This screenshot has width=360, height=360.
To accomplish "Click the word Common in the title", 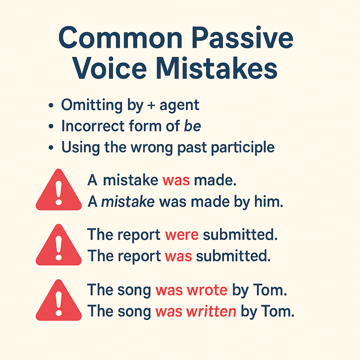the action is click(x=121, y=38).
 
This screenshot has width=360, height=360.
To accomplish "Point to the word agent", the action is click(x=179, y=106).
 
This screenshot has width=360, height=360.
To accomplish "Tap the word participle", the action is click(x=243, y=147).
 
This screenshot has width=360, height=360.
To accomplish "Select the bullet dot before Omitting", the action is click(x=51, y=105).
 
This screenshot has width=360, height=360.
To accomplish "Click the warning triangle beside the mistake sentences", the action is click(x=59, y=190).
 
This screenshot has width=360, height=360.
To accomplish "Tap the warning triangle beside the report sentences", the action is click(x=59, y=245).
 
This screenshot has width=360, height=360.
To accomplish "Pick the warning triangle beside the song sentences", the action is click(x=59, y=300).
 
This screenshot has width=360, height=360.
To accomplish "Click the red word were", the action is click(x=182, y=235).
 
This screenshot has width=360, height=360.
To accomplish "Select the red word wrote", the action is click(x=207, y=290).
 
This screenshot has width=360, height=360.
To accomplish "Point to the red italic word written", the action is click(x=211, y=311).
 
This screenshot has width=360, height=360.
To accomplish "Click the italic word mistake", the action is click(x=128, y=201).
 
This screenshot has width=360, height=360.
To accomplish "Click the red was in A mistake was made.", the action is click(x=176, y=180).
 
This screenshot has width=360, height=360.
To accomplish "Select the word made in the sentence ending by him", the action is click(x=210, y=201).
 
